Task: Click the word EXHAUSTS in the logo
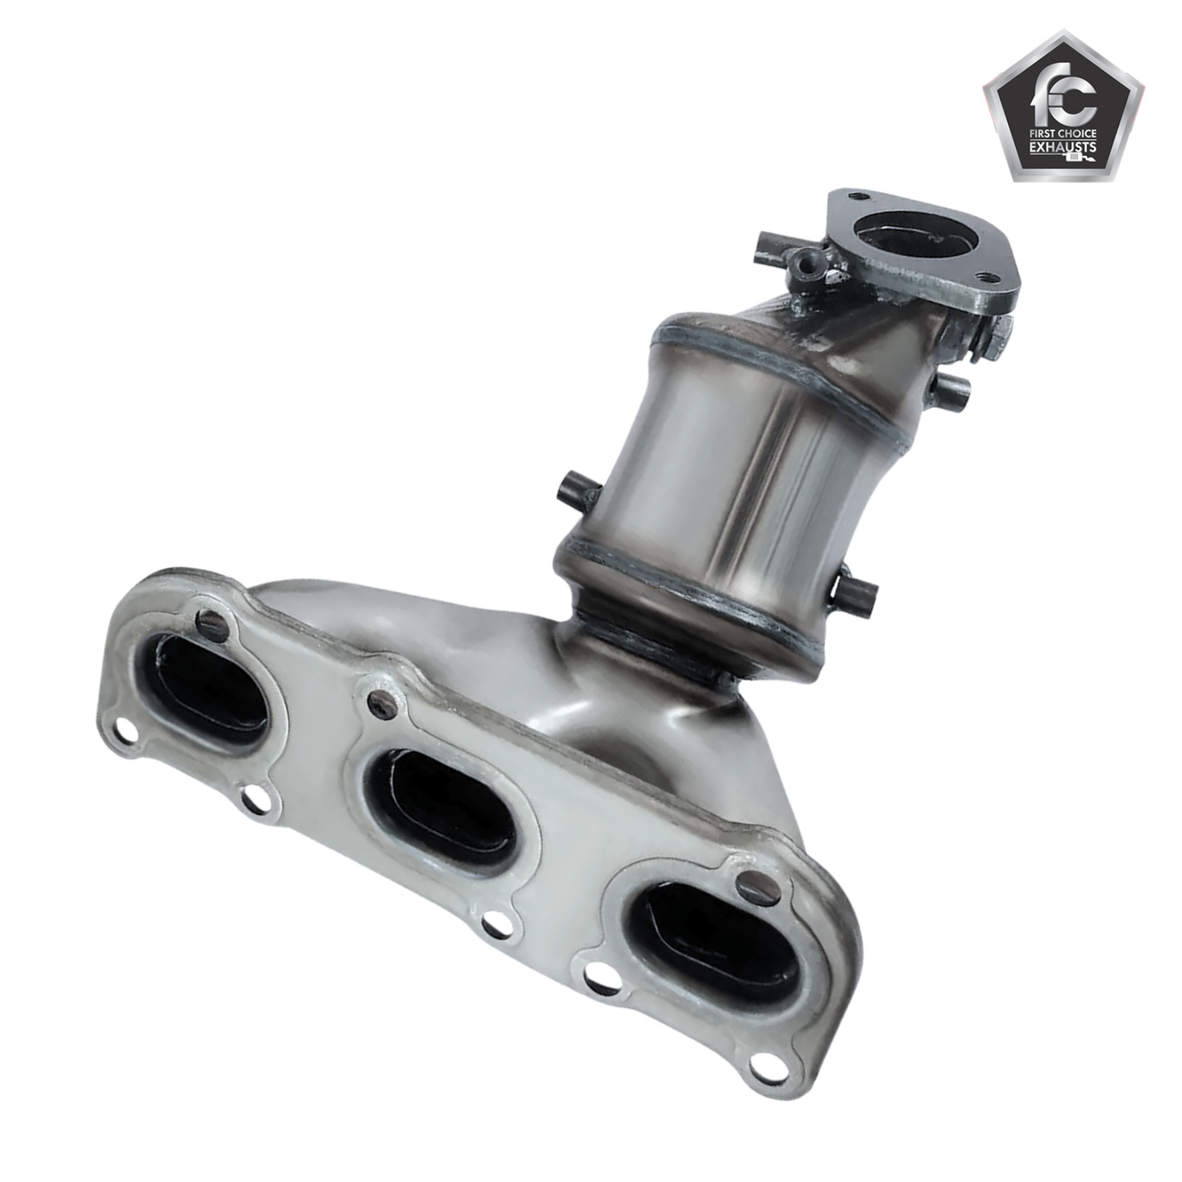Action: tap(1062, 146)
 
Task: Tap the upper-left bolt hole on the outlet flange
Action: tap(857, 197)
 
